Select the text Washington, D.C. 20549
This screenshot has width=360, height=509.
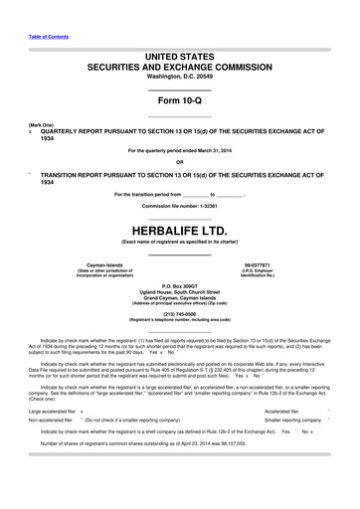click(179, 76)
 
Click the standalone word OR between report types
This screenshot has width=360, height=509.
click(179, 162)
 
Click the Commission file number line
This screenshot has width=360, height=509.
click(179, 205)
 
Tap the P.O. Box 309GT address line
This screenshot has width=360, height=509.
click(179, 284)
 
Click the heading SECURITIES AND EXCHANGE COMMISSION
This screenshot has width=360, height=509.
click(179, 63)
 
